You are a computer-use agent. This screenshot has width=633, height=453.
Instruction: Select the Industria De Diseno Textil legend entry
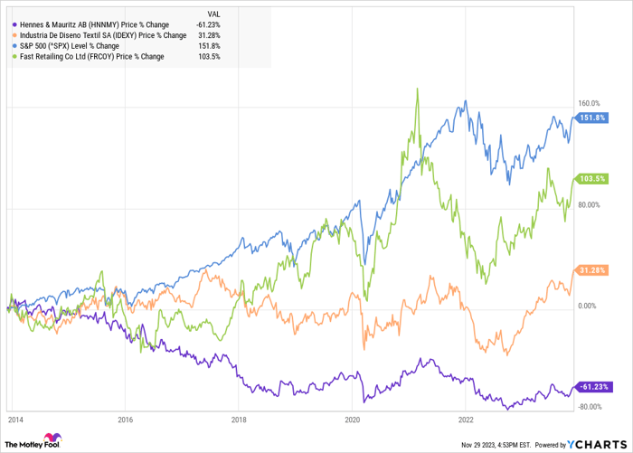point(95,34)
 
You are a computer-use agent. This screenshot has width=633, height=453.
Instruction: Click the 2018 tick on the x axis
point(239,420)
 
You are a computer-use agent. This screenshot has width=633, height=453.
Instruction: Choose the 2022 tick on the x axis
point(466,420)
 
